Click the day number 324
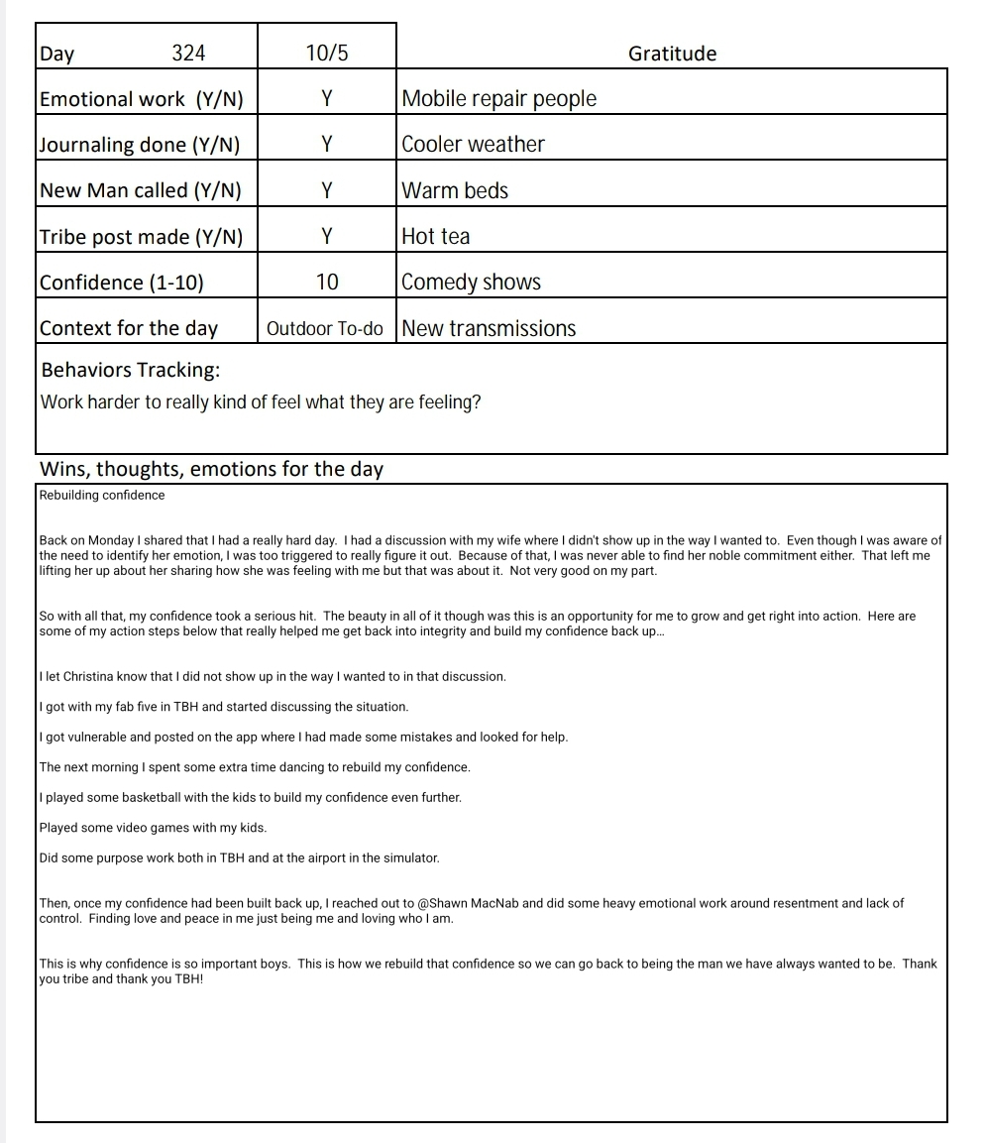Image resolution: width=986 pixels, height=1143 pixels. pos(188,54)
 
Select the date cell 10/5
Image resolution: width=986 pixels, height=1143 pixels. pos(327,54)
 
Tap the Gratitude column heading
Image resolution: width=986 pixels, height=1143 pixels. pos(672,54)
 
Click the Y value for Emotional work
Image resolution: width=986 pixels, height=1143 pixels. pos(327,99)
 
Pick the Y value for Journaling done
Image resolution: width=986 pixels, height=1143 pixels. pos(327,145)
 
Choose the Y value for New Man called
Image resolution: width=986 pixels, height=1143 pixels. pos(327,190)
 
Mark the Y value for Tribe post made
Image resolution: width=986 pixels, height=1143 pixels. pos(327,236)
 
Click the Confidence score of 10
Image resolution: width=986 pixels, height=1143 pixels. pos(327,283)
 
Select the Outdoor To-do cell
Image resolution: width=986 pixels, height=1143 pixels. pos(325,329)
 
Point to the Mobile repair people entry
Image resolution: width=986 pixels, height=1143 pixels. pos(499,99)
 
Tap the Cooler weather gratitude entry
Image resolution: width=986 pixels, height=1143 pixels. pos(474,145)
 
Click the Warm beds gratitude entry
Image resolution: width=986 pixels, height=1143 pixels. pos(455,190)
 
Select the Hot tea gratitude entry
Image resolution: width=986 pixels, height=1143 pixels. pos(436,236)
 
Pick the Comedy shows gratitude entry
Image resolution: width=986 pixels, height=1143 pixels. pos(472,283)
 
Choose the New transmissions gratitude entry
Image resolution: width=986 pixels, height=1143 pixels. pos(489,329)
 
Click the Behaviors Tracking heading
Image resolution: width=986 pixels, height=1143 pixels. pos(131,371)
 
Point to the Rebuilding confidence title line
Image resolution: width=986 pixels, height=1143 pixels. pos(102,495)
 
